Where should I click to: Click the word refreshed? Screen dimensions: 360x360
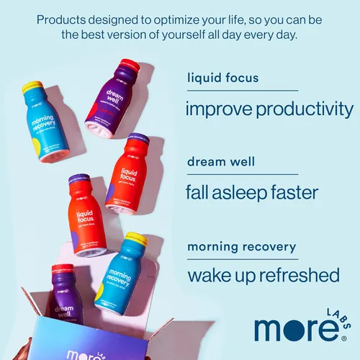tap(298, 276)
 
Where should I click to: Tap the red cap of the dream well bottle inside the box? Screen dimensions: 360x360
tap(62, 269)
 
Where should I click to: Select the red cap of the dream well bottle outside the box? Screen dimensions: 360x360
tap(130, 66)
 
